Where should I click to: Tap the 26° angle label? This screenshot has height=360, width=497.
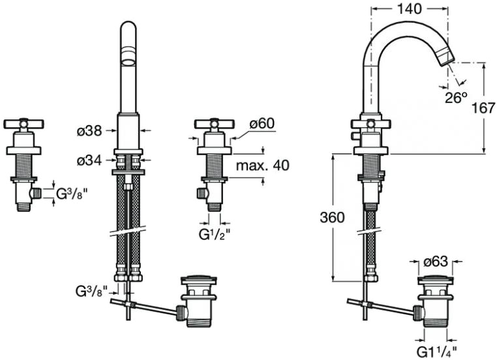pos(456,97)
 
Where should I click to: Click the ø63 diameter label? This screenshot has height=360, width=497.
pos(436,262)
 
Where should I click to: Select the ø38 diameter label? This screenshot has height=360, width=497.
pos(89,131)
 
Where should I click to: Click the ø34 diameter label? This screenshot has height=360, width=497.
pos(89,160)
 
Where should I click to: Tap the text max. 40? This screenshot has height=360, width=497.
pos(262,166)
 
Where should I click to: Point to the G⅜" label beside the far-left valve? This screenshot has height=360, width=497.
pos(70,194)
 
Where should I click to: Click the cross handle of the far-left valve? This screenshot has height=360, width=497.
pos(23,124)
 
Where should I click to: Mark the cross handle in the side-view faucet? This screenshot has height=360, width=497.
pos(370,124)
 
